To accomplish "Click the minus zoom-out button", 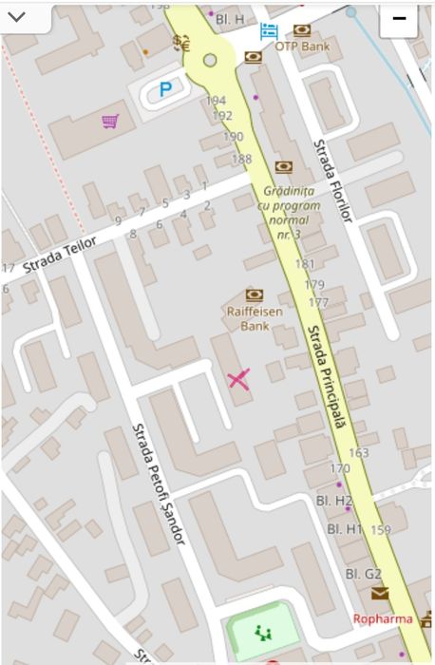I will pyautogui.click(x=399, y=19).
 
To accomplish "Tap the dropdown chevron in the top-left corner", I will pyautogui.click(x=17, y=17).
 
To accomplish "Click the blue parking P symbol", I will pyautogui.click(x=165, y=89).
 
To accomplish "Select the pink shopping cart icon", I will pyautogui.click(x=111, y=121).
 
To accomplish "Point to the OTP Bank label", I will pyautogui.click(x=302, y=46).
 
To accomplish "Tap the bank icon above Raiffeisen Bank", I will pyautogui.click(x=254, y=294).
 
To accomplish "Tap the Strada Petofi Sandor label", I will pyautogui.click(x=160, y=484).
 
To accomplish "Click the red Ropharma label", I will pyautogui.click(x=384, y=619).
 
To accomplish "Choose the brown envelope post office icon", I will pyautogui.click(x=380, y=594).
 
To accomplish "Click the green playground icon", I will pyautogui.click(x=261, y=631).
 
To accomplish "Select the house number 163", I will pyautogui.click(x=359, y=453).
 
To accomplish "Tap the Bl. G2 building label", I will pyautogui.click(x=363, y=574).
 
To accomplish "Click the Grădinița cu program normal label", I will pyautogui.click(x=283, y=212).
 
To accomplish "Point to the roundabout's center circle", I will pyautogui.click(x=210, y=61).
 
